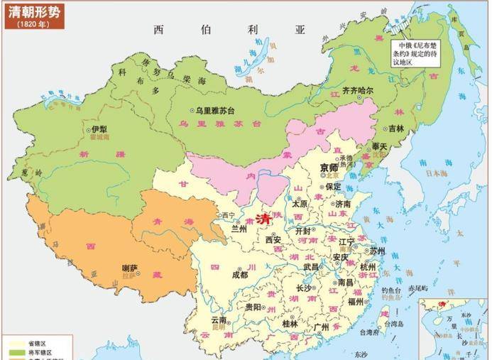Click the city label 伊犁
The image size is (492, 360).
pos(99,129)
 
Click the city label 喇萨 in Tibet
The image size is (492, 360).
pos(130,268)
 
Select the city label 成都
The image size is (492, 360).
pos(239,275)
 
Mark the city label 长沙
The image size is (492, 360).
pos(305,288)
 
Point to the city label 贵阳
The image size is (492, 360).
pos(253,307)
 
